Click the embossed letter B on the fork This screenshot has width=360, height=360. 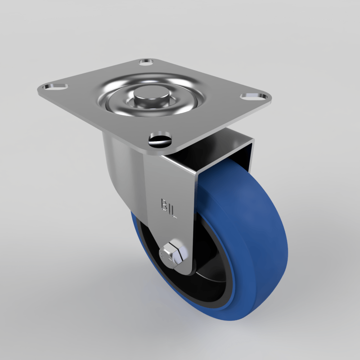164,204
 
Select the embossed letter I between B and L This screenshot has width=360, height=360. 170,208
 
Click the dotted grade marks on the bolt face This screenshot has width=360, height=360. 164,256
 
